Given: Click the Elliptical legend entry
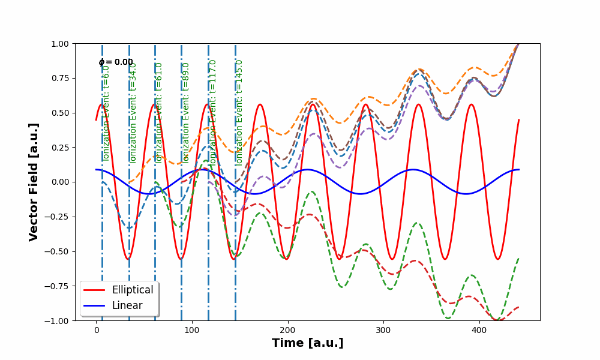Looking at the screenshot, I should tap(132, 290).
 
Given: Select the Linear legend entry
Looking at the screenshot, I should tap(127, 305).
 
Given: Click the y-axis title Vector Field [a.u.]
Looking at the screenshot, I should tap(34, 182).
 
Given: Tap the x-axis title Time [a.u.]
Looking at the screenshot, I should tap(307, 343).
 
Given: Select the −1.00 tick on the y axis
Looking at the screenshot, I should tap(59, 320).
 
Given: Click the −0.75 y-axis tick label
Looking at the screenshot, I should tap(59, 286).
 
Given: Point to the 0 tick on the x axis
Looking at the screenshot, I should tap(96, 329).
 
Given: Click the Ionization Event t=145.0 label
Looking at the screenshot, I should tap(239, 112).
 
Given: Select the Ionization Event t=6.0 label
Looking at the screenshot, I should tap(106, 112).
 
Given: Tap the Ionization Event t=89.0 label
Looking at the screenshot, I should tap(185, 112).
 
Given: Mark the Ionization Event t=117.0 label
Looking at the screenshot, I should tap(212, 112).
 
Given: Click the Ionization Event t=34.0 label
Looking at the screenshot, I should tap(133, 112).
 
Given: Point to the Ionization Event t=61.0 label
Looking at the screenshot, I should tap(159, 112).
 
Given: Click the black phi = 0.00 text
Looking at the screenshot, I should tap(116, 62).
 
